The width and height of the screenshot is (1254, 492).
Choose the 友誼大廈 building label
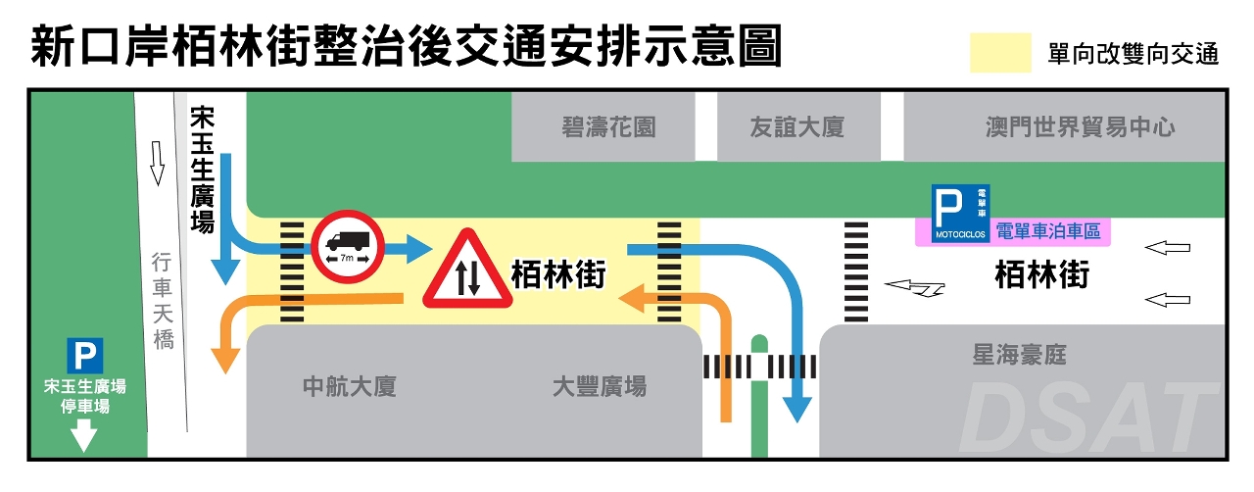pyautogui.click(x=796, y=126)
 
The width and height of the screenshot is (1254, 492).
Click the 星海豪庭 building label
pyautogui.click(x=1019, y=354)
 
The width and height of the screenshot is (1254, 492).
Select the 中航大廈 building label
pyautogui.click(x=349, y=386)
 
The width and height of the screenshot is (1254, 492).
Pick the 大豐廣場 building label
pyautogui.click(x=600, y=386)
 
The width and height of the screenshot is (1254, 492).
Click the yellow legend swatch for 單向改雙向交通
pyautogui.click(x=999, y=53)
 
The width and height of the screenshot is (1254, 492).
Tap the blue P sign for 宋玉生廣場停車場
pyautogui.click(x=85, y=355)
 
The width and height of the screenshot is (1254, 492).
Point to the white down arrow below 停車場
pyautogui.click(x=85, y=435)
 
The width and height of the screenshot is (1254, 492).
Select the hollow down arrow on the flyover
pyautogui.click(x=156, y=163)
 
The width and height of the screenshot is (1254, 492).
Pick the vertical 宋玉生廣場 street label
pyautogui.click(x=202, y=171)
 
